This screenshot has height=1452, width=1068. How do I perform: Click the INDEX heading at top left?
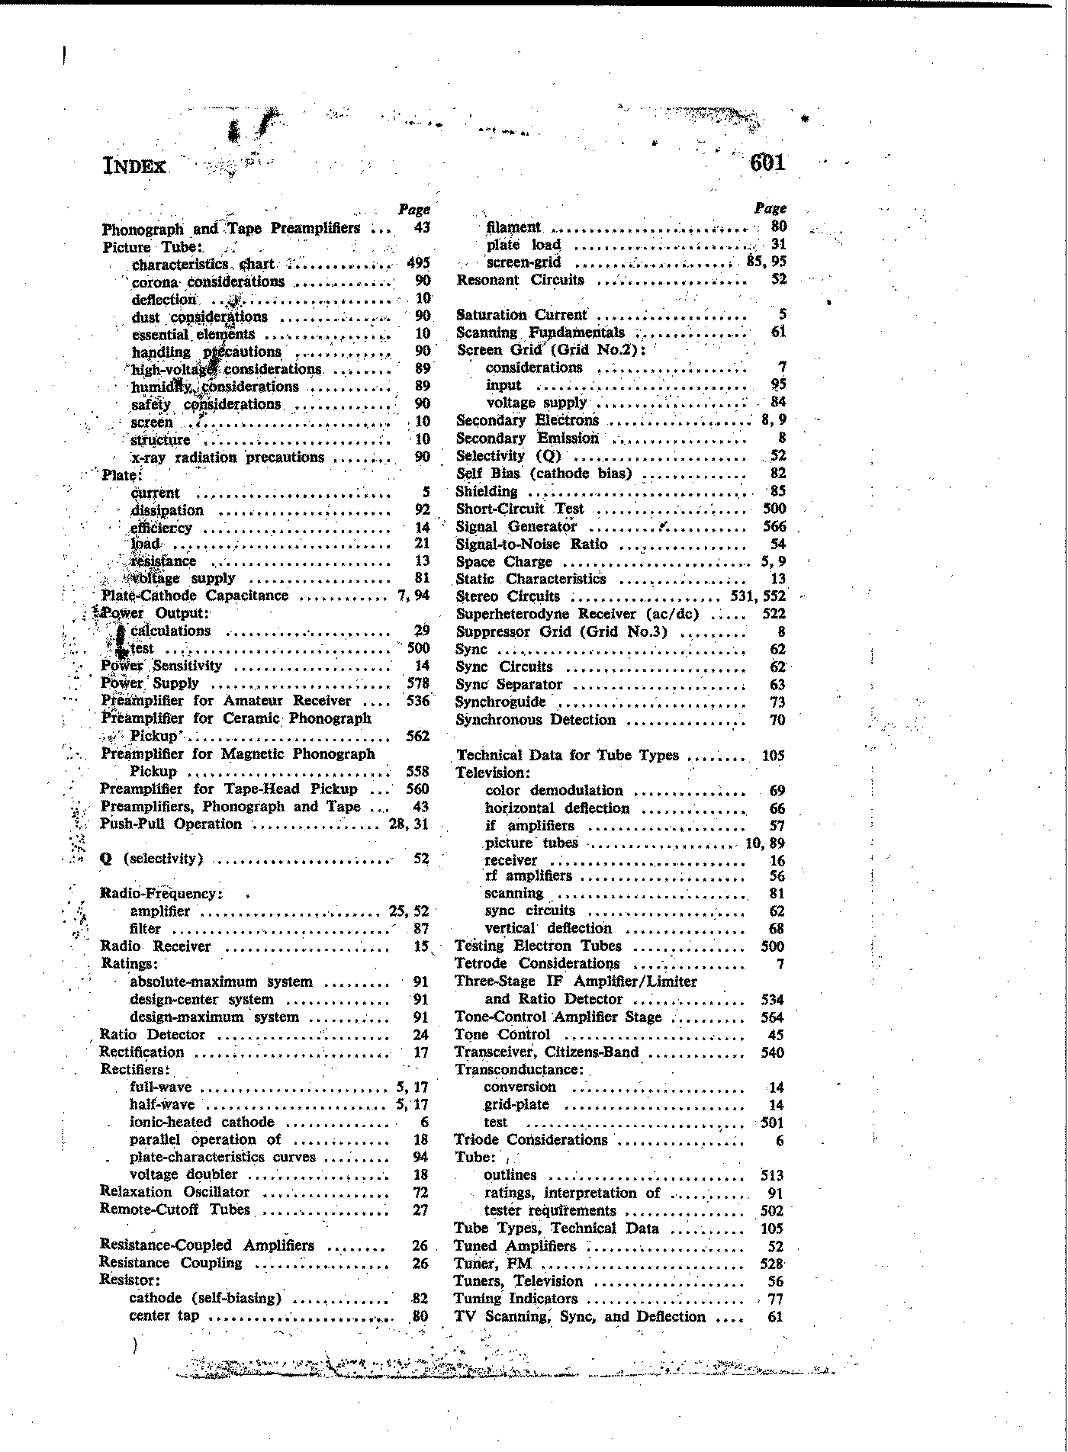[x=134, y=165]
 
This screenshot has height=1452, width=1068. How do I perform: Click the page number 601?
[x=767, y=162]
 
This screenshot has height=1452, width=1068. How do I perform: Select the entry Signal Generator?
[x=516, y=526]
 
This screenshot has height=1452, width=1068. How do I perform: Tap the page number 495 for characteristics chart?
[x=418, y=264]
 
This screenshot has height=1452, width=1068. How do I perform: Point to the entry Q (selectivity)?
[x=152, y=859]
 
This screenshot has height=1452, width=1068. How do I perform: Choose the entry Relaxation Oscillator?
[x=175, y=1192]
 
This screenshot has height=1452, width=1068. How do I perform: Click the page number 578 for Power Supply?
[x=418, y=683]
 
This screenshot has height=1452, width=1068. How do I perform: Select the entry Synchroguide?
[x=500, y=702]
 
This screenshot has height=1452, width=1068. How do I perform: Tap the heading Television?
[x=493, y=773]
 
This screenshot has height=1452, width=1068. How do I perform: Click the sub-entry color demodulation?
[x=554, y=790]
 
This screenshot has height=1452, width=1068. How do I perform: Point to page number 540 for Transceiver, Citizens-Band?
[x=772, y=1052]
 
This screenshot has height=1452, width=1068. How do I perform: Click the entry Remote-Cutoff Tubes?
[x=175, y=1209]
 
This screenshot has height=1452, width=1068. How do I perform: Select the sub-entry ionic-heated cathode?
[x=202, y=1122]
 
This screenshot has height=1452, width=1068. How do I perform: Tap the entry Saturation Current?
[x=522, y=314]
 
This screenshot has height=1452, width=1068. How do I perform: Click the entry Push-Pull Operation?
[x=171, y=824]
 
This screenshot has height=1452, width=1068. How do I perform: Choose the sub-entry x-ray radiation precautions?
[x=228, y=458]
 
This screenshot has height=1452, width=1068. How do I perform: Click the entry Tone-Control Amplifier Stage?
[x=558, y=1017]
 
